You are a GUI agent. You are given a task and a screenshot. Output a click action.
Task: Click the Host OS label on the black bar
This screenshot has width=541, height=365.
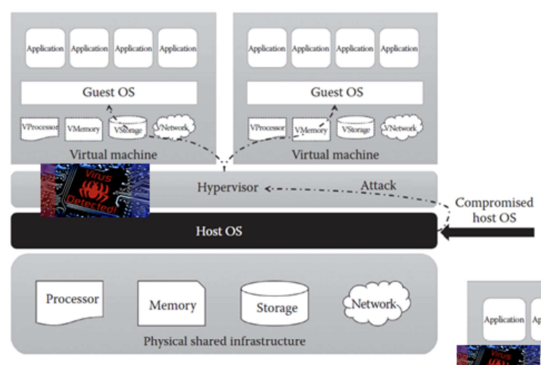point(218,231)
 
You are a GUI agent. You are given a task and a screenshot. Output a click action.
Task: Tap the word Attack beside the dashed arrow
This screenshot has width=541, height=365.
point(378,185)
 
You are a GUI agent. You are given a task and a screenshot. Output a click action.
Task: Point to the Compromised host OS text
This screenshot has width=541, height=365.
point(494,210)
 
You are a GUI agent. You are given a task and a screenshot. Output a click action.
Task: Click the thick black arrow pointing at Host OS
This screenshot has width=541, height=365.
point(489,233)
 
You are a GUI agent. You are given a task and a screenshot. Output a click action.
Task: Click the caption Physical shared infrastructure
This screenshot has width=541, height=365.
point(224,341)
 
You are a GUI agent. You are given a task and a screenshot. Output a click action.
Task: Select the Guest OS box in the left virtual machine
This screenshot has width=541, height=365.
point(108,93)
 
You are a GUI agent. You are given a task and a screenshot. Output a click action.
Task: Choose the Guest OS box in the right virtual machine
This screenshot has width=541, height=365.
point(337,93)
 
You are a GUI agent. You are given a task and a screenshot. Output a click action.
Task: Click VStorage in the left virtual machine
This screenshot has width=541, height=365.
point(129,129)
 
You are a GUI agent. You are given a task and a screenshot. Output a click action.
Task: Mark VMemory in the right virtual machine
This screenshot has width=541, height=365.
point(311,129)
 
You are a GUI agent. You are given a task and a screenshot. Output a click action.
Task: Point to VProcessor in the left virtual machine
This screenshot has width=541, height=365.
point(40,128)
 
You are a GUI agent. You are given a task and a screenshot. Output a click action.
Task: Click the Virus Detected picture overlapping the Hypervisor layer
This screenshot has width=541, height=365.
point(95,190)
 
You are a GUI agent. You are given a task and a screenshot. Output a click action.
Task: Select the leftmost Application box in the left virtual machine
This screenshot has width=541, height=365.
point(45,48)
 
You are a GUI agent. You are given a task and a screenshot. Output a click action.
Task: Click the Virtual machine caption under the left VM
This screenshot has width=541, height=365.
point(113,154)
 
